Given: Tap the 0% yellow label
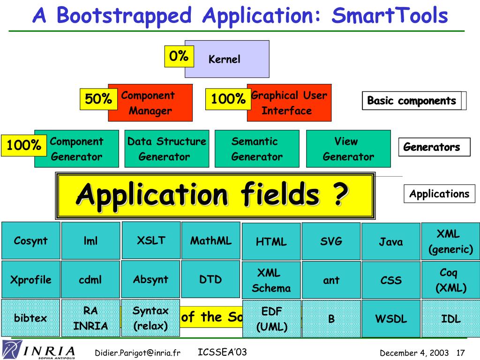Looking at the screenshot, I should tap(179, 56).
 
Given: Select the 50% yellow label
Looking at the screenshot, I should tap(98, 99).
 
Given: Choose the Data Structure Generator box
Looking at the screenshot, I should tap(166, 149).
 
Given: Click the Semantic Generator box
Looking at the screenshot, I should tap(257, 149).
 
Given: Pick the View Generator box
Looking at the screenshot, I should tap(348, 149).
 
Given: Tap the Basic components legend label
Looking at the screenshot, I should tap(412, 101).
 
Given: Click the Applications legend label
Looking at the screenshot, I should tap(439, 194).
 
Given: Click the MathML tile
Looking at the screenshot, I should tap(210, 241).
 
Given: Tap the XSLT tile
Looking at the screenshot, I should tap(151, 240).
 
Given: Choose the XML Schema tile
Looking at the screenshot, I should tap(271, 280).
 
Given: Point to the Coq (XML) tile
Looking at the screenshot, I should tap(450, 280).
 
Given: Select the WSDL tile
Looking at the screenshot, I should tap(391, 319).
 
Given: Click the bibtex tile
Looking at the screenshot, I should tap(30, 318).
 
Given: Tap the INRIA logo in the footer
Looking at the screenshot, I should tap(39, 351).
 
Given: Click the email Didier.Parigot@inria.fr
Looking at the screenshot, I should tap(138, 352).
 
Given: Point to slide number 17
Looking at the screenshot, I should tap(460, 352).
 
